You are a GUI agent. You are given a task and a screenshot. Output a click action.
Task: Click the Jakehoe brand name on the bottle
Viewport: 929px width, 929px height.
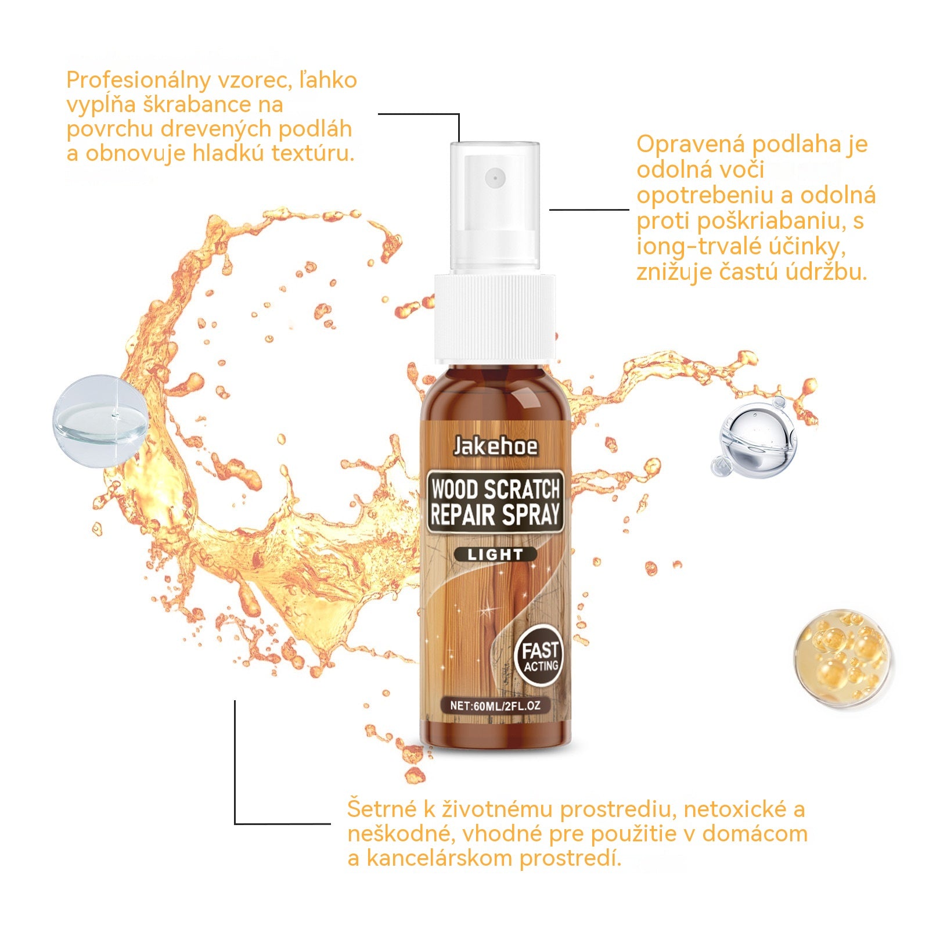coord(495,447)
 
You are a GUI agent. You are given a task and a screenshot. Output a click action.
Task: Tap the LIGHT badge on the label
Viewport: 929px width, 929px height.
coord(495,554)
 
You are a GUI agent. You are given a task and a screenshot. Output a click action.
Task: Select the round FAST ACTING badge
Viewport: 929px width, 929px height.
coord(539,656)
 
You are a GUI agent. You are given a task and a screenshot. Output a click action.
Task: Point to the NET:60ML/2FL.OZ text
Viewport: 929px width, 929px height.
coord(495,706)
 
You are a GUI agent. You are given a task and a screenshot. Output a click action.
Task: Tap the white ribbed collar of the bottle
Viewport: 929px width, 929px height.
coord(495,318)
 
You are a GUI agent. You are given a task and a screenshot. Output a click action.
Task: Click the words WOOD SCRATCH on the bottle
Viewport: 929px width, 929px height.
coord(495,489)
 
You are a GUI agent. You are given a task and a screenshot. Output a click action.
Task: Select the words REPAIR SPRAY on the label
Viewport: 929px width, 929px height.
coord(495,515)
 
